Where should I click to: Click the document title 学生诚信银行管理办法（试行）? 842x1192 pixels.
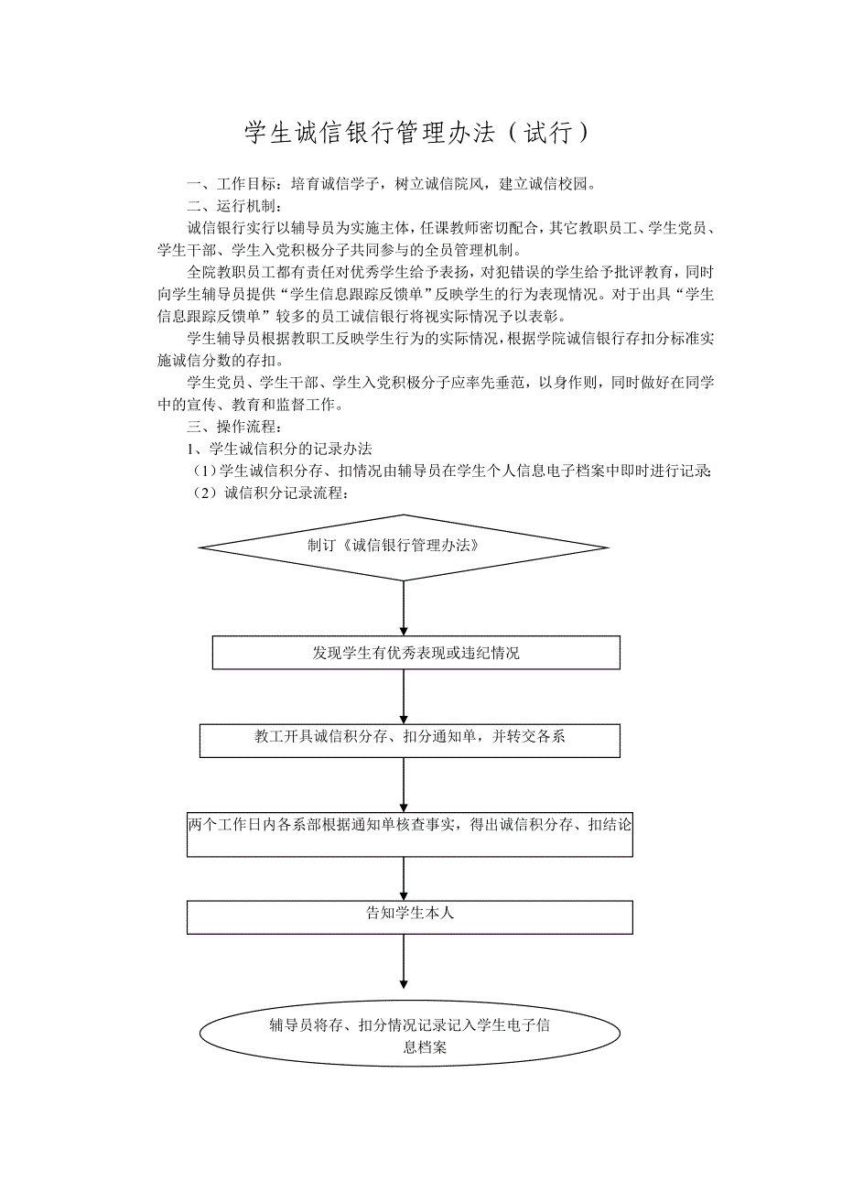pos(420,134)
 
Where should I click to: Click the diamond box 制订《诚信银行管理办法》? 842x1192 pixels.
pos(404,547)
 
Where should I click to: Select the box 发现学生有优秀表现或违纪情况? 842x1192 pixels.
pos(416,653)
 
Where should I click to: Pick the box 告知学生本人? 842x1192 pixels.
pos(410,916)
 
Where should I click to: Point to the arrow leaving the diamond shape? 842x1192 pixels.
pos(404,608)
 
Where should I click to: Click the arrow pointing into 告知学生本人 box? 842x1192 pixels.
pos(404,879)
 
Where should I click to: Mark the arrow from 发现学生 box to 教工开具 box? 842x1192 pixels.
pos(404,697)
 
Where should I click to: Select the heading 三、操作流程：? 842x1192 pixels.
pos(237,427)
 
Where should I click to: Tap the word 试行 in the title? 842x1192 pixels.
pos(547,134)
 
